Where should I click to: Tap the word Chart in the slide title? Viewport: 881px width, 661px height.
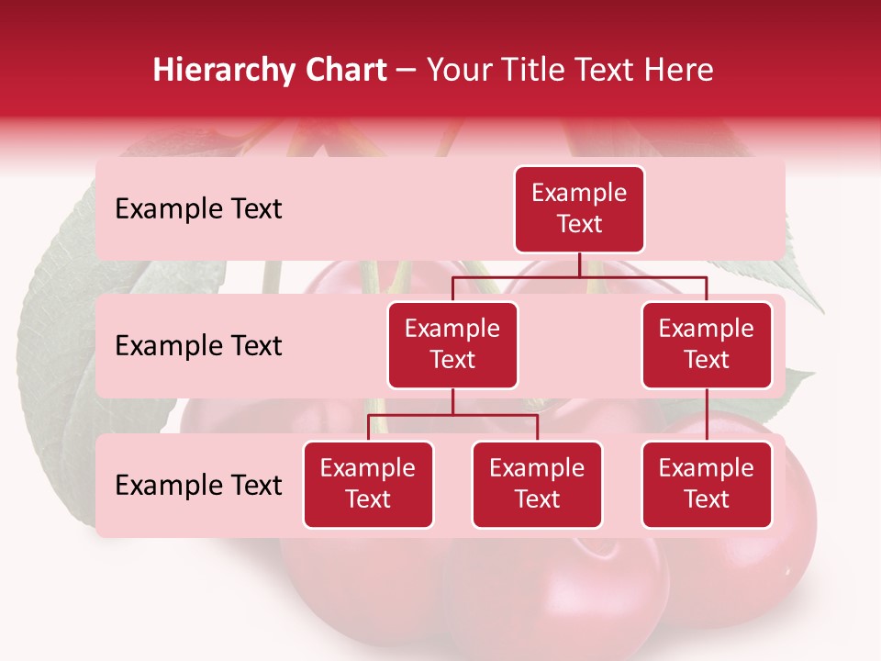[x=346, y=70]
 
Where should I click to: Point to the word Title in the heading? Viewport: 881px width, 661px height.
[x=536, y=70]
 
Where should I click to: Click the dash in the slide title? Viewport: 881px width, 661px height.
[x=407, y=71]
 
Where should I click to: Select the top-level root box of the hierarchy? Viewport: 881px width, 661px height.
[x=579, y=208]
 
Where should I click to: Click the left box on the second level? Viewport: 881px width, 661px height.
[x=452, y=344]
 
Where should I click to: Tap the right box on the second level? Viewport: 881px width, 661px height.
[x=707, y=344]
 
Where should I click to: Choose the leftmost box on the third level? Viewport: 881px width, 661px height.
[x=368, y=484]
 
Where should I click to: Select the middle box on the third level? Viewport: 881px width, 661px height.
[x=537, y=484]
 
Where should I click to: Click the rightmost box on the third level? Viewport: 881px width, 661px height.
[x=707, y=484]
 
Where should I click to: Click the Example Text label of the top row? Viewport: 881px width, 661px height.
[x=198, y=208]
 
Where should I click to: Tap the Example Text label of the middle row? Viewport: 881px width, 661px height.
[x=198, y=345]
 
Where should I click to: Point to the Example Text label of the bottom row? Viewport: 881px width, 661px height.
[x=198, y=485]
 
